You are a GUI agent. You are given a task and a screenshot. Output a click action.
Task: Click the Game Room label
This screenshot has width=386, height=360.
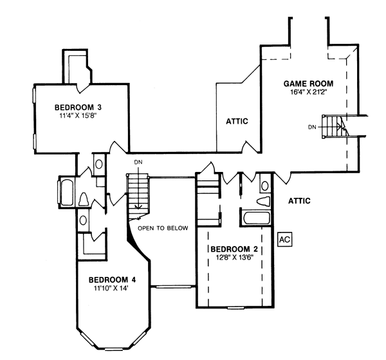coord(308,84)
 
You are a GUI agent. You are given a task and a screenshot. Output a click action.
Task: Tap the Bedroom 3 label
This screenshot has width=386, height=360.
coord(78,108)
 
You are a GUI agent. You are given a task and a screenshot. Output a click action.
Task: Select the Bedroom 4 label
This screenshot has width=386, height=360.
coord(112,280)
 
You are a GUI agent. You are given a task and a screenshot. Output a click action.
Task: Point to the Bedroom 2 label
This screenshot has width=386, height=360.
coord(234,249)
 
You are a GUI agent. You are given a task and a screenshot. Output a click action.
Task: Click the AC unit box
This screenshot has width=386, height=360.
coord(285,240)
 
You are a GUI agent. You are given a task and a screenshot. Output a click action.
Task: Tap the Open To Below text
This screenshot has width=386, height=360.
coord(163,228)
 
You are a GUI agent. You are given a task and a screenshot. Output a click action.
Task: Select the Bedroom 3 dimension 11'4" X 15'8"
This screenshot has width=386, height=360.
coord(77,116)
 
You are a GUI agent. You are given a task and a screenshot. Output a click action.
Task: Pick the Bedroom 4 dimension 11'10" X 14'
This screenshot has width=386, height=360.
coord(111,289)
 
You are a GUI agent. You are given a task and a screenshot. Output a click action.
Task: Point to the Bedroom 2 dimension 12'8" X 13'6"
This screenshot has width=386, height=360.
coord(234,258)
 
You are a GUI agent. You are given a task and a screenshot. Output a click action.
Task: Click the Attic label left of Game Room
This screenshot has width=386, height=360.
coord(237,121)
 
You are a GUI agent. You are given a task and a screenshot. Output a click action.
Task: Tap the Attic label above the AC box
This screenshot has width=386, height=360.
coord(299,201)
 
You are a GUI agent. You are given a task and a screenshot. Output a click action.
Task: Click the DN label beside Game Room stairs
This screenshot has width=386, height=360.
coord(312,128)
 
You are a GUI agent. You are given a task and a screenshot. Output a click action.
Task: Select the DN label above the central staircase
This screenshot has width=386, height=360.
coord(138,162)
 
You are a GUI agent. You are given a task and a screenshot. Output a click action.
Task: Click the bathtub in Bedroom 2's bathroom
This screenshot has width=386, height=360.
coord(256,218)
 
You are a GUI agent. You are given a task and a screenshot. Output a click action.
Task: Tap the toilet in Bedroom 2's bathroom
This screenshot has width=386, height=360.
coord(263,201)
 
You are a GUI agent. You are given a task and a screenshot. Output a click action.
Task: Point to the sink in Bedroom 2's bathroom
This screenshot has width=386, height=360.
coord(265,185)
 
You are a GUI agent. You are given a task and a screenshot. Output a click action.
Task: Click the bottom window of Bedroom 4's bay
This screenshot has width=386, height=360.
coord(113,350)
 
